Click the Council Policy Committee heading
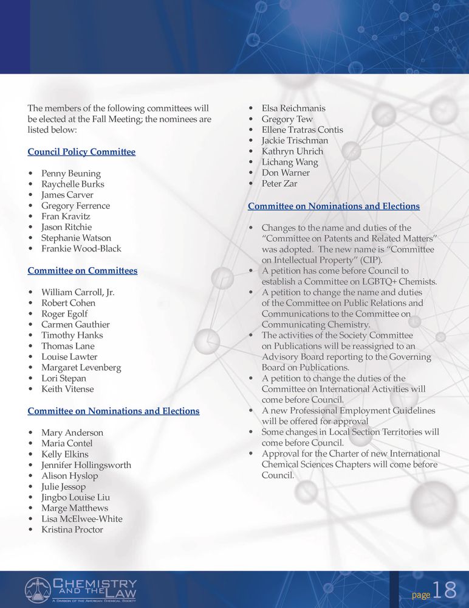coord(81,152)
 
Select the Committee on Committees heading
coord(82,270)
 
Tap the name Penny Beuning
coord(71,173)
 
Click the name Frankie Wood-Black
coord(81,248)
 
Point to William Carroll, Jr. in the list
coord(78,292)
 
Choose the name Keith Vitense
coord(67,389)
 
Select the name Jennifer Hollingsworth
coord(86,465)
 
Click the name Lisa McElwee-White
coord(82,519)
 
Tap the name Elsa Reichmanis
coord(293,108)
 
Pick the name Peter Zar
coord(279,183)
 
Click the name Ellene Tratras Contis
coord(302,130)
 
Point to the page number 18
coord(445,590)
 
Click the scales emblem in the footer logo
coord(38,590)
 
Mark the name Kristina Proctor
coord(72,529)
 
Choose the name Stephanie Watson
coord(76,238)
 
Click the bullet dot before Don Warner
coord(252,173)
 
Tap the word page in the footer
coord(421,595)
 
